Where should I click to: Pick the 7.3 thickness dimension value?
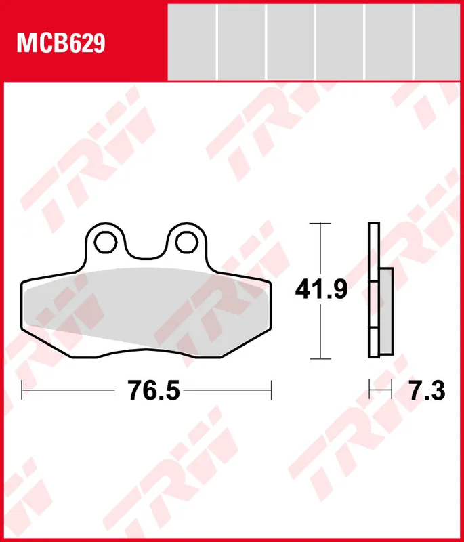tap(427, 390)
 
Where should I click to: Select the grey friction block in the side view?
tap(385, 312)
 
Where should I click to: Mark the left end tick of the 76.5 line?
tap(22, 390)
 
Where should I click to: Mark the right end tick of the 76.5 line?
tap(271, 390)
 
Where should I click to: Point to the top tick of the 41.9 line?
tap(320, 223)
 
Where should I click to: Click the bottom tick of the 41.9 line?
tap(320, 358)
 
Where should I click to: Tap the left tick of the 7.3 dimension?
tap(369, 390)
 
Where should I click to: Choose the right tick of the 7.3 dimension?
tap(392, 390)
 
